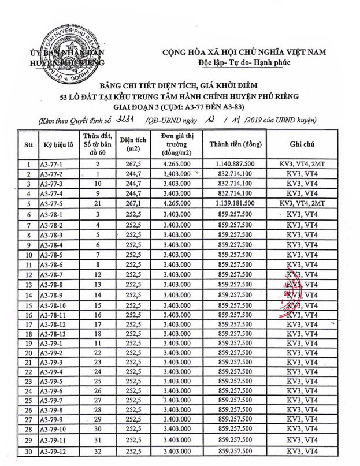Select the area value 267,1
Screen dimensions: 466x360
(128, 204)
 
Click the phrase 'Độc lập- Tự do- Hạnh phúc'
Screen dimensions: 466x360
(243, 62)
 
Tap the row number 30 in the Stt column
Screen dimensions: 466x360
(28, 451)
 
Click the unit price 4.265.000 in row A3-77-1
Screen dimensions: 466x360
(177, 165)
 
